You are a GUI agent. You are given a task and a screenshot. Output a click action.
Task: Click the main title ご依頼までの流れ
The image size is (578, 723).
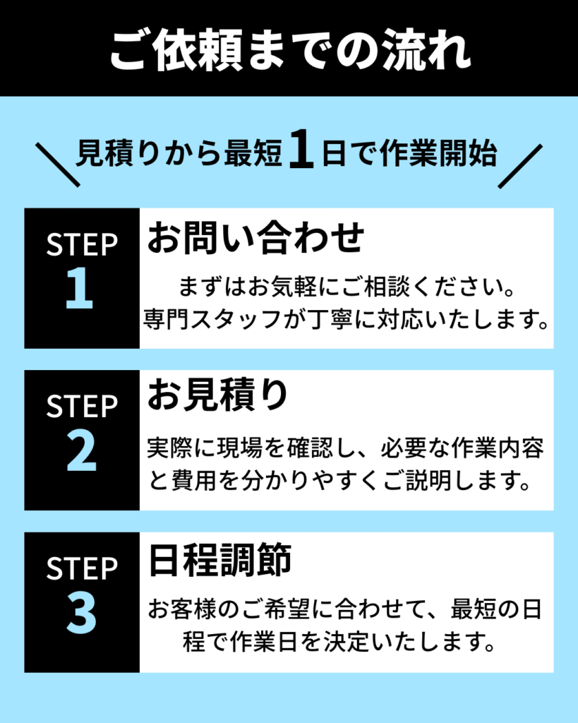click(x=289, y=49)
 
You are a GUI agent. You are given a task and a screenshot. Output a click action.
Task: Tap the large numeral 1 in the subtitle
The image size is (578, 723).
click(x=301, y=154)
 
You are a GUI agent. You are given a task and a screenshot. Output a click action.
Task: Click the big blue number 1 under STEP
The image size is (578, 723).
click(x=80, y=290)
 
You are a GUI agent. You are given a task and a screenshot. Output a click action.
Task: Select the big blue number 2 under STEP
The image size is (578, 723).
click(x=81, y=453)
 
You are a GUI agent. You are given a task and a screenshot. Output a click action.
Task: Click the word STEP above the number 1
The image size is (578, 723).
click(x=81, y=245)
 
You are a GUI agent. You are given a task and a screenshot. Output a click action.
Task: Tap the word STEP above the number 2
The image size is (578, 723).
click(x=81, y=407)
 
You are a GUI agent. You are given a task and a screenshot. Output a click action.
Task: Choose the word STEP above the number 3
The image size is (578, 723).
click(x=81, y=569)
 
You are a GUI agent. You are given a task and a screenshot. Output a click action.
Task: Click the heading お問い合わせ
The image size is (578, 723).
click(x=255, y=239)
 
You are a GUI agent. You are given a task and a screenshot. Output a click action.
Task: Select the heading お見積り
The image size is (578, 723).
click(x=218, y=396)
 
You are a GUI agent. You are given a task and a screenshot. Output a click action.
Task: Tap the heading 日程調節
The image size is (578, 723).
click(x=219, y=561)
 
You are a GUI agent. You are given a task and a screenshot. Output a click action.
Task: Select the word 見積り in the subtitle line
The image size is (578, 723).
click(x=110, y=154)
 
